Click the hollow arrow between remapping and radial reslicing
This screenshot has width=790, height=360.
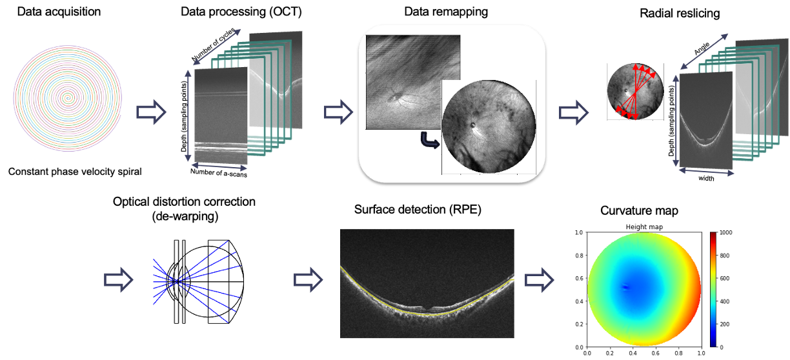coord(572,112)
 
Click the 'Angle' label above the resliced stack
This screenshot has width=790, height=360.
coord(703,47)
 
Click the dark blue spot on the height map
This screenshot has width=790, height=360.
coord(625,287)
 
